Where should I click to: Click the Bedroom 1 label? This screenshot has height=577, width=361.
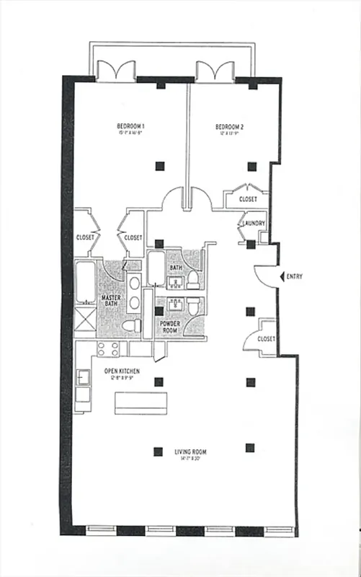click(130, 128)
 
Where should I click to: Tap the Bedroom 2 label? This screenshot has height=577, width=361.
click(230, 128)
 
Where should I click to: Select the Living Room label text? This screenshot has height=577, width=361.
click(190, 452)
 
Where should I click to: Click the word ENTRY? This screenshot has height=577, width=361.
click(295, 276)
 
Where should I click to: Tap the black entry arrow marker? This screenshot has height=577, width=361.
click(282, 276)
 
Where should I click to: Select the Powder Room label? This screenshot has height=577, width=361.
click(170, 328)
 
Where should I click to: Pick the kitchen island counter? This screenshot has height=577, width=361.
click(141, 403)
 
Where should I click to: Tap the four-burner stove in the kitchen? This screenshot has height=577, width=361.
click(108, 349)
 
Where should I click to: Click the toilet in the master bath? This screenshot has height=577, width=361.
click(132, 326)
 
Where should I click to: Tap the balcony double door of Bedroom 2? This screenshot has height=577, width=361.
click(214, 70)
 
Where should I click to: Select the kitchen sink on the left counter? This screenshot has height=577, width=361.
click(84, 377)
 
